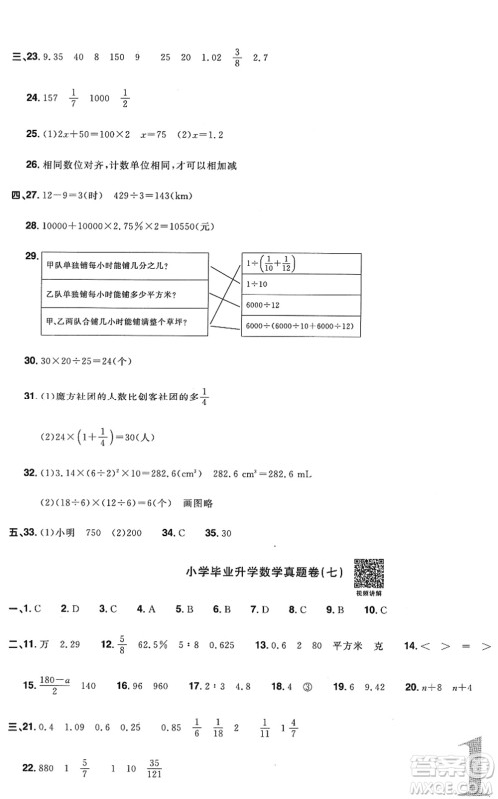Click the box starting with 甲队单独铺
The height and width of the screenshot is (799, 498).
(x=120, y=265)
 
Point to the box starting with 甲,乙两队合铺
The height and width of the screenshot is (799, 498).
(x=120, y=321)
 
